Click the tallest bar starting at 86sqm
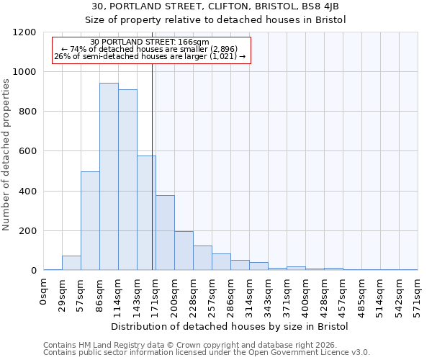point(109,176)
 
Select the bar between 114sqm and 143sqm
point(127,180)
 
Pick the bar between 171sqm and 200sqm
point(165,233)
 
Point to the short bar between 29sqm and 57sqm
point(71,264)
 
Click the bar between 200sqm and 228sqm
point(184,251)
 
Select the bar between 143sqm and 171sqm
point(146,213)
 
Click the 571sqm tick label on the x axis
point(418,292)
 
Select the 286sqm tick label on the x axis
point(231,292)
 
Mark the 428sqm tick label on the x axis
point(325,292)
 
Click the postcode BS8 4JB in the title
point(328,6)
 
